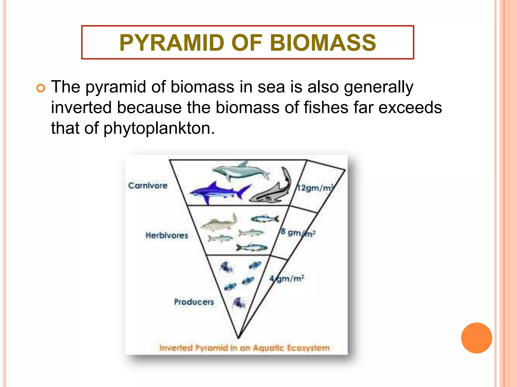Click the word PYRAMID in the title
coord(172,43)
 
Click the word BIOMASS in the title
coord(323,43)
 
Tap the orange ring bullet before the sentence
coord(41,88)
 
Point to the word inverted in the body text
coord(81,108)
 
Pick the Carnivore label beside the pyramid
coord(148,186)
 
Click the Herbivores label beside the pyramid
coord(167,235)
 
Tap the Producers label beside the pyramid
coord(194,302)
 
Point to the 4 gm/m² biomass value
coord(287,279)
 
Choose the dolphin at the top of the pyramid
coord(240,171)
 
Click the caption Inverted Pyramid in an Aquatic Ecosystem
coord(244,348)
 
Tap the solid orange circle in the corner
coord(476,338)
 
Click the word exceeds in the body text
coord(410,108)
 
